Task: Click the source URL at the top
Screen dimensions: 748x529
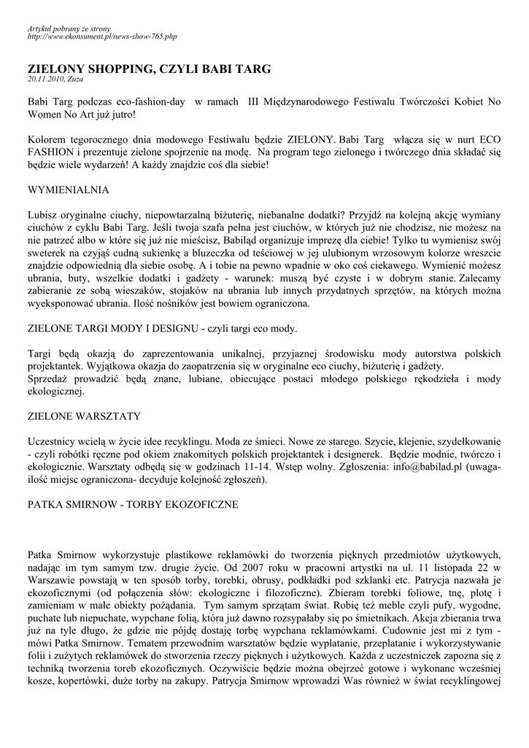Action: tap(102, 36)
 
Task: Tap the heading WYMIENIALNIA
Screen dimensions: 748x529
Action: tap(68, 190)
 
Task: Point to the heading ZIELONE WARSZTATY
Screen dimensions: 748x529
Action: tap(84, 416)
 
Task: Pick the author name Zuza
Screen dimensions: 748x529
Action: tap(75, 79)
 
